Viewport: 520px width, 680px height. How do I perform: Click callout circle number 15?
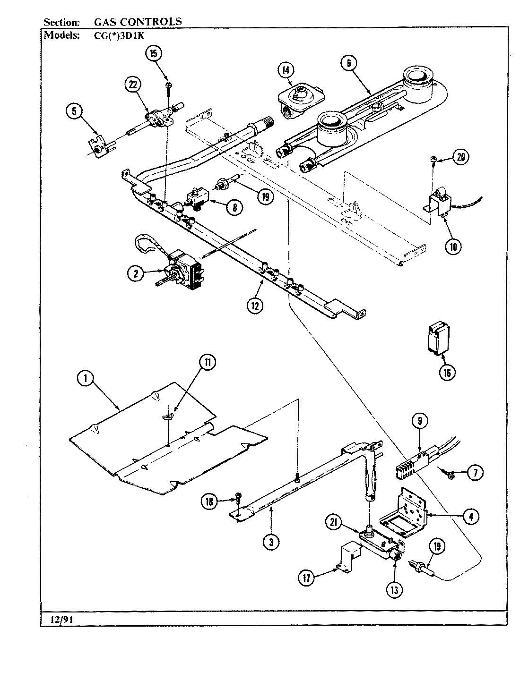point(153,53)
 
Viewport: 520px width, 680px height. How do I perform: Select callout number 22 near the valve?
point(133,85)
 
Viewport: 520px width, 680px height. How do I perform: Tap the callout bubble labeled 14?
point(285,70)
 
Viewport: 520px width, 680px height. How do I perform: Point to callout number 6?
point(348,64)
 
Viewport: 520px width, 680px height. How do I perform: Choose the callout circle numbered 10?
point(453,246)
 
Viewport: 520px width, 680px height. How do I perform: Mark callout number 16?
point(447,372)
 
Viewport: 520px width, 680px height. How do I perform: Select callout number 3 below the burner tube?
point(271,543)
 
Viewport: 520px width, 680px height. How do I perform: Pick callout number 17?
point(308,578)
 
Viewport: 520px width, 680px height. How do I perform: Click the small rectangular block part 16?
point(437,338)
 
